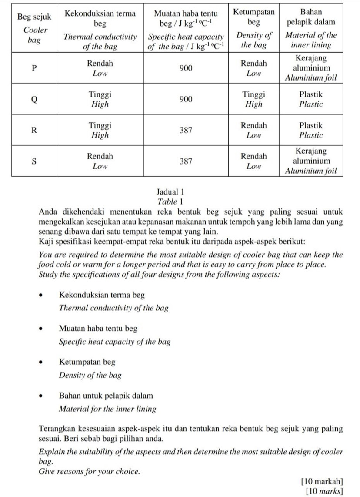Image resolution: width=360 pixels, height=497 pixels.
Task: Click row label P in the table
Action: tap(34, 68)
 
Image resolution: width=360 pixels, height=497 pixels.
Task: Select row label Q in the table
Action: tap(34, 99)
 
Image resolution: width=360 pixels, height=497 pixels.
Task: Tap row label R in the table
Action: tap(34, 130)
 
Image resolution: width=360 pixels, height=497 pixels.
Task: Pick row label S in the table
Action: tap(34, 161)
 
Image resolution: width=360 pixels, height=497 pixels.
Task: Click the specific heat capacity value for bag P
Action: tap(186, 68)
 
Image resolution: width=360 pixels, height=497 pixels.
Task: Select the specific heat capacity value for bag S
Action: tap(186, 161)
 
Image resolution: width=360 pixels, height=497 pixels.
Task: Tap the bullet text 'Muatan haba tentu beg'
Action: tap(98, 329)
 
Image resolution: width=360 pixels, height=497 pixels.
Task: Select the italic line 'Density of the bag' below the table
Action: tap(90, 375)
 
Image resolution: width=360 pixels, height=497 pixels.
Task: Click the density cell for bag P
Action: tap(254, 68)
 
